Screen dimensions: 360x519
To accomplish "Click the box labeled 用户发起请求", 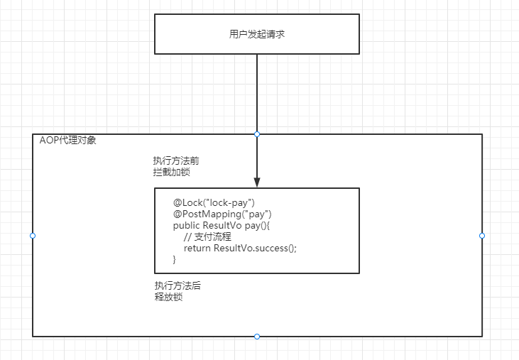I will click(257, 34).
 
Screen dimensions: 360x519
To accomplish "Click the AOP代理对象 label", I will click(68, 141).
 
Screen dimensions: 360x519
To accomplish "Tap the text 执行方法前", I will click(171, 160).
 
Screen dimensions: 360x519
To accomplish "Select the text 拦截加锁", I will click(171, 172).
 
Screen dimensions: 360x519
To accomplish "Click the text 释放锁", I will click(169, 297).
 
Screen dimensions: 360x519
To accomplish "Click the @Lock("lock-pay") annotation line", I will click(214, 202).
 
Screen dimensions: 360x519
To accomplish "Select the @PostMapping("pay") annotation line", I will click(222, 214).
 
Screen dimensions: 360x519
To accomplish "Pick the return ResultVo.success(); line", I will click(240, 248).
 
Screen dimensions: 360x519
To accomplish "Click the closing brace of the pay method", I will click(175, 259).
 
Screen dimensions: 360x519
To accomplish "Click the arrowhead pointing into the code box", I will click(257, 180).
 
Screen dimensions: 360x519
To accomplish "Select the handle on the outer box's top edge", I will click(257, 134).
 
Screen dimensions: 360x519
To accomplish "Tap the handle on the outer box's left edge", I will click(33, 235).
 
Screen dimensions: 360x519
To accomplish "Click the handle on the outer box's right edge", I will click(482, 235).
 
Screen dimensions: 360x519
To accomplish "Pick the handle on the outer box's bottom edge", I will click(257, 337).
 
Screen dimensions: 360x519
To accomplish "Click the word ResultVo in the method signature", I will click(222, 225).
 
